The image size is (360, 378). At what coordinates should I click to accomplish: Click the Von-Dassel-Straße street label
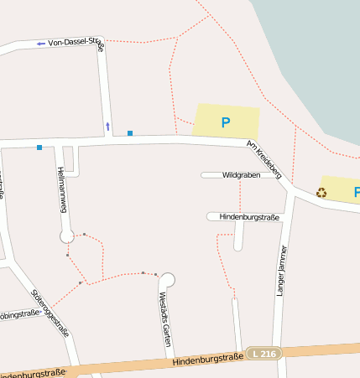[x=76, y=44]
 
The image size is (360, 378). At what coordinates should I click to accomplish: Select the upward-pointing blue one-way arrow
[x=107, y=127]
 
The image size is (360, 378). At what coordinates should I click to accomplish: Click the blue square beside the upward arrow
[x=130, y=132]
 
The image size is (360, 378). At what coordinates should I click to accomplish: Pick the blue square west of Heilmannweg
[x=39, y=148]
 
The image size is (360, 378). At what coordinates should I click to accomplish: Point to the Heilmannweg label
[x=61, y=189]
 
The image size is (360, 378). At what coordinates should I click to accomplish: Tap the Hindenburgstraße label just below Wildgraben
[x=248, y=216]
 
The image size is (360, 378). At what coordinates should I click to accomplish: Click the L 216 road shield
[x=264, y=354]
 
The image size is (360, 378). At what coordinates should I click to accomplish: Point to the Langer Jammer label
[x=282, y=270]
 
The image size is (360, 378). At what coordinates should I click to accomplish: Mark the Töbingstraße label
[x=18, y=316]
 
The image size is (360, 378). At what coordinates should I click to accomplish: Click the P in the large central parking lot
[x=225, y=122]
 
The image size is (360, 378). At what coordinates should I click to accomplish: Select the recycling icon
[x=321, y=192]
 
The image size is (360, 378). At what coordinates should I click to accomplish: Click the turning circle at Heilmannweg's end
[x=67, y=236]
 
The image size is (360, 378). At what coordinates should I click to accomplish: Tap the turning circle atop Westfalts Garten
[x=167, y=279]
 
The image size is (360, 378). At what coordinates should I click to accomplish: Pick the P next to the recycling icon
[x=356, y=192]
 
